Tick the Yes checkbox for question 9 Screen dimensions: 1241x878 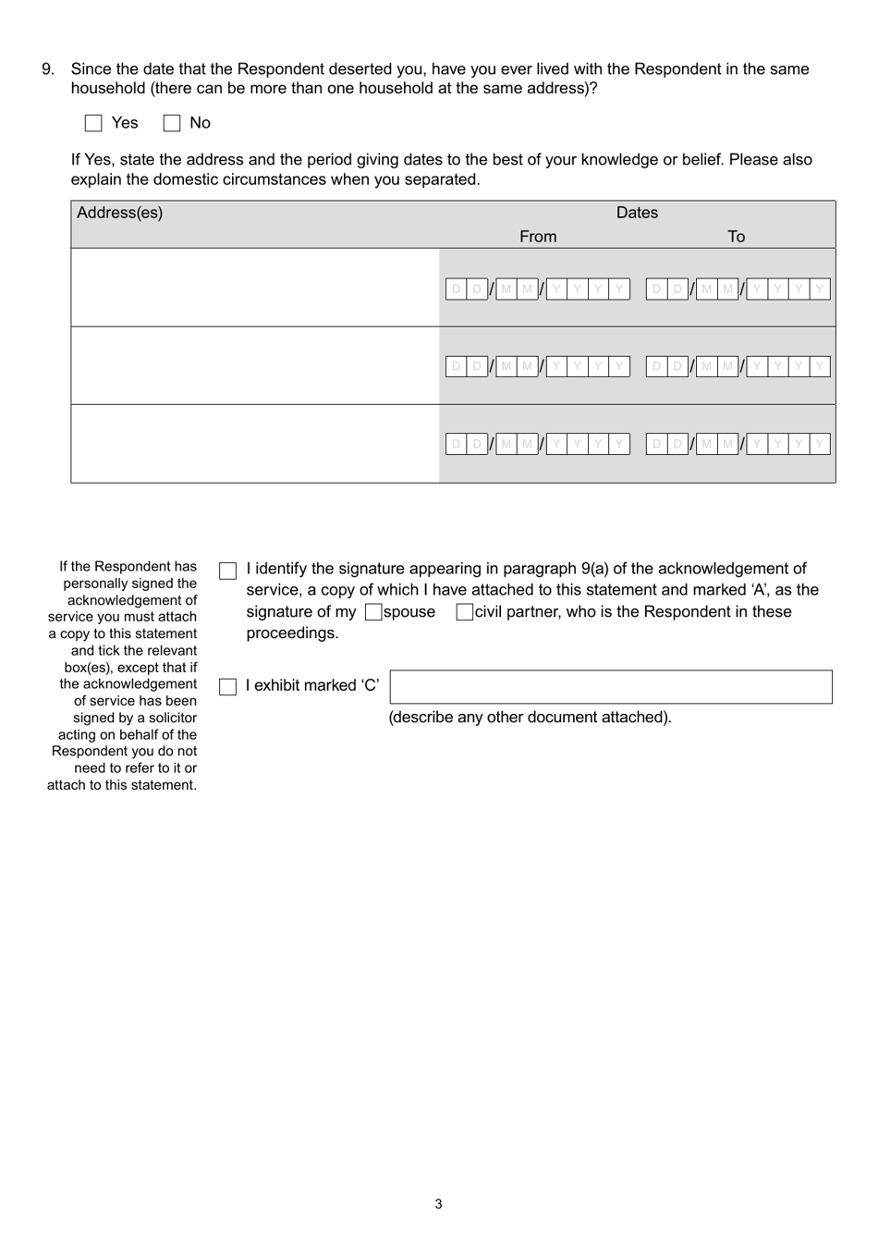(93, 123)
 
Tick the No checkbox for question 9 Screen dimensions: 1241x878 (172, 123)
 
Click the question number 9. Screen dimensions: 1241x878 (48, 69)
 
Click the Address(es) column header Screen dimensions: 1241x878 (120, 213)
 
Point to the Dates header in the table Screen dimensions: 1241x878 (637, 213)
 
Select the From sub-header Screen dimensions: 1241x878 (538, 237)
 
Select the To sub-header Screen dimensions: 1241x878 (736, 237)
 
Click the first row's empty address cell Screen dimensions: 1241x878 (255, 288)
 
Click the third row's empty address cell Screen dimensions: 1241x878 (255, 444)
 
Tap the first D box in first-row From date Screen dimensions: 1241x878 (456, 289)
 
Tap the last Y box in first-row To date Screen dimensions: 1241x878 (819, 289)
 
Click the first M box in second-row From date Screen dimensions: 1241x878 (506, 367)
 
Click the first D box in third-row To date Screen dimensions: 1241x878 (656, 445)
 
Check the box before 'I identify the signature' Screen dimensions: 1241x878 (227, 571)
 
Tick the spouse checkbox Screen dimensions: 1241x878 (373, 612)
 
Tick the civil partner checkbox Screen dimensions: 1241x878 (464, 612)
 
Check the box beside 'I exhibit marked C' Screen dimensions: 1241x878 (227, 687)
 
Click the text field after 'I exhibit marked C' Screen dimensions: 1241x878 (610, 687)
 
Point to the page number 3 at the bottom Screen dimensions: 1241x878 (438, 1204)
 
